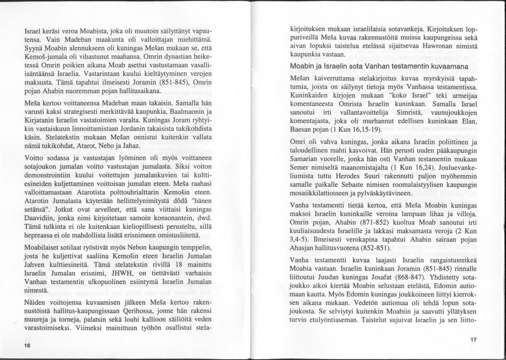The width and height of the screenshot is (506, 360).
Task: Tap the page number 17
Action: pos(473,339)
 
